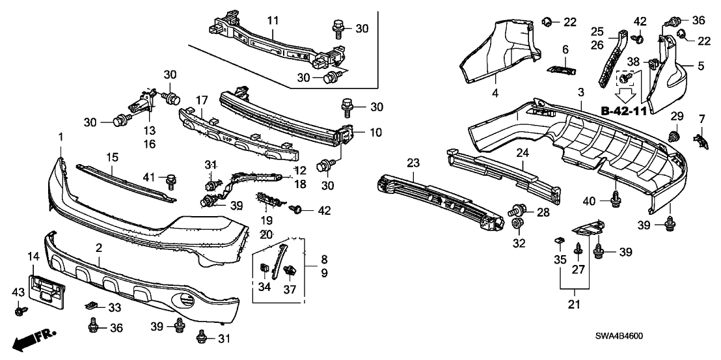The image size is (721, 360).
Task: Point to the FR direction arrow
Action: click(33, 339)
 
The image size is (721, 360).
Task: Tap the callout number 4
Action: click(495, 93)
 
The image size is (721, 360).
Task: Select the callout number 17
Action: click(202, 101)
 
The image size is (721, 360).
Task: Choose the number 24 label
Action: click(521, 154)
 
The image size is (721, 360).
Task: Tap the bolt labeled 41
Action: click(171, 180)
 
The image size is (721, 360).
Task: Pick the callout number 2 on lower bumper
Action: click(99, 248)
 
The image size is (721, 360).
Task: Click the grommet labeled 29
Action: click(673, 137)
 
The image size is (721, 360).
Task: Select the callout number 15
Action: click(112, 157)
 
